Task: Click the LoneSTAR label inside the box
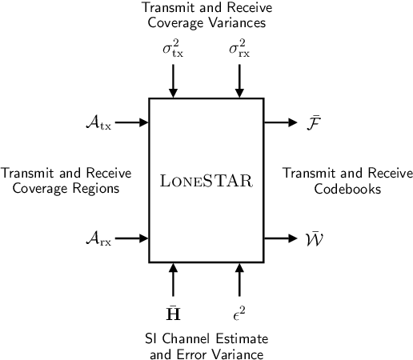[206, 181]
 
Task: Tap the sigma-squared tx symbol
[172, 50]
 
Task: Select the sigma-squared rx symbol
[239, 50]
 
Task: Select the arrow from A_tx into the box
[132, 123]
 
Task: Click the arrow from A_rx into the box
[132, 238]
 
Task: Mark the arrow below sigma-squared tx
[172, 81]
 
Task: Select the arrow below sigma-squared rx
[239, 81]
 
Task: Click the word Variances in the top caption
[237, 23]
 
